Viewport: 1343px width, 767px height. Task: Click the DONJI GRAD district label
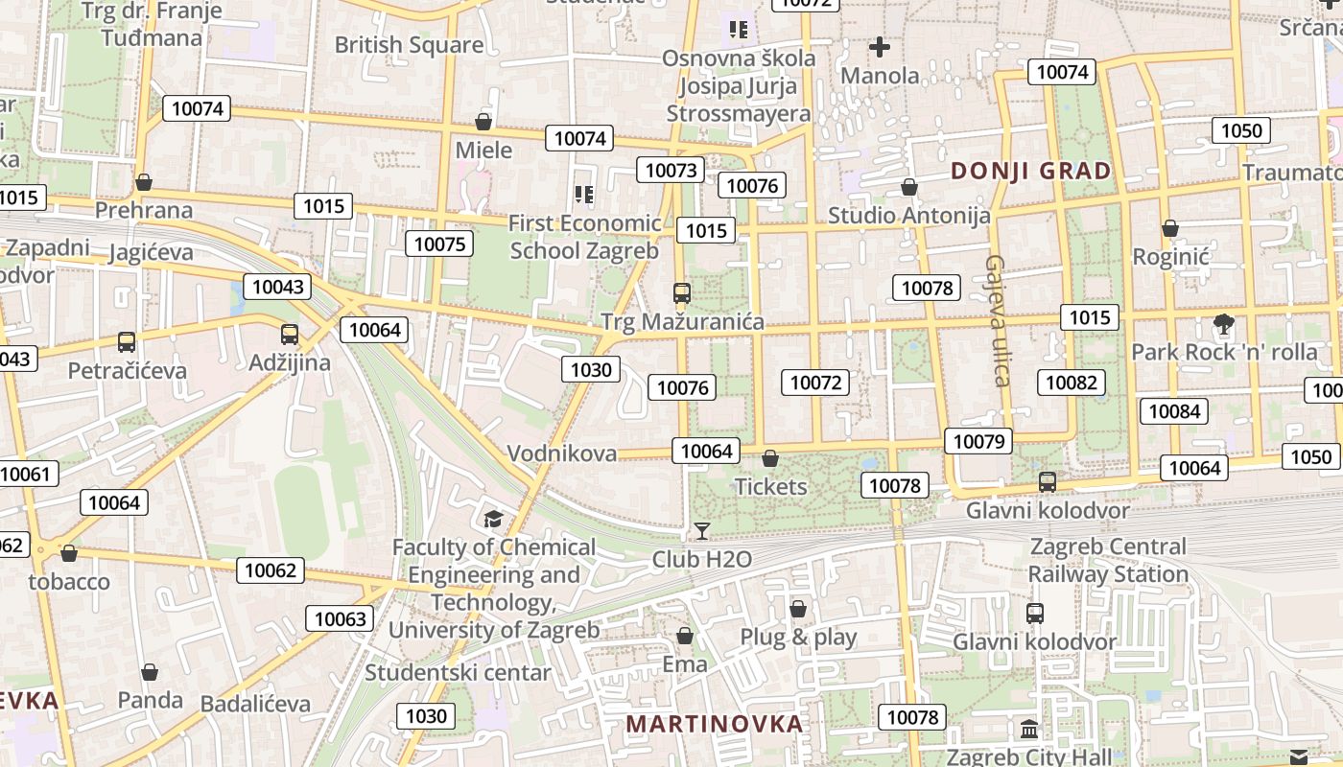pyautogui.click(x=1030, y=172)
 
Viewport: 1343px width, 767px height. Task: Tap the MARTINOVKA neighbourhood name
pyautogui.click(x=714, y=724)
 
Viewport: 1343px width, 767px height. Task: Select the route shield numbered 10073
pyautogui.click(x=671, y=171)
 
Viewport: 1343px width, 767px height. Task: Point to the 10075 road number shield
pyautogui.click(x=440, y=244)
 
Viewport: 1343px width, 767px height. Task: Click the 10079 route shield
pyautogui.click(x=978, y=441)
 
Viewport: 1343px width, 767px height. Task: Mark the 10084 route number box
pyautogui.click(x=1173, y=412)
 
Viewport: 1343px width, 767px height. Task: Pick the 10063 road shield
pyautogui.click(x=341, y=618)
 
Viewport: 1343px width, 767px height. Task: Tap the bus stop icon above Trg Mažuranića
pyautogui.click(x=682, y=293)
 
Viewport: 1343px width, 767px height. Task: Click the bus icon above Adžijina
pyautogui.click(x=290, y=335)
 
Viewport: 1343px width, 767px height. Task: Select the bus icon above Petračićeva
pyautogui.click(x=127, y=341)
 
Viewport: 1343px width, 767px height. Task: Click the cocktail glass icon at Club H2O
pyautogui.click(x=702, y=530)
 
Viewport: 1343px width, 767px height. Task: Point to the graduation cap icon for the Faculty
pyautogui.click(x=493, y=519)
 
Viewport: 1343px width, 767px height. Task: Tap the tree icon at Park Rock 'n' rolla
pyautogui.click(x=1223, y=324)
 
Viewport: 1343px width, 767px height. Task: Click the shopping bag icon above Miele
pyautogui.click(x=483, y=122)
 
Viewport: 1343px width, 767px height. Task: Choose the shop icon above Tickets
pyautogui.click(x=770, y=459)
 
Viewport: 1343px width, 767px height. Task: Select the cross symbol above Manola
pyautogui.click(x=880, y=46)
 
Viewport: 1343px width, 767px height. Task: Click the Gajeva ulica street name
pyautogui.click(x=997, y=320)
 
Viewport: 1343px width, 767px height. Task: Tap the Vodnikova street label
pyautogui.click(x=561, y=453)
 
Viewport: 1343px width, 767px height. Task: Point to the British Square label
pyautogui.click(x=409, y=45)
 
